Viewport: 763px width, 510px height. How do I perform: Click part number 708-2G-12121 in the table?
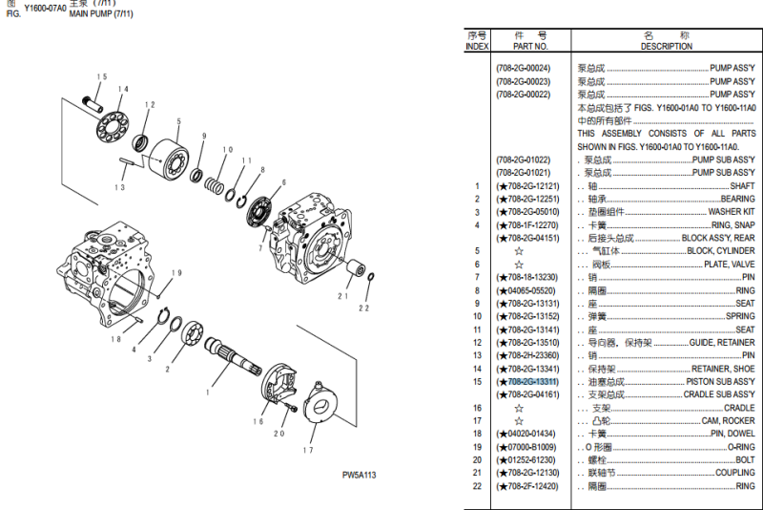point(530,186)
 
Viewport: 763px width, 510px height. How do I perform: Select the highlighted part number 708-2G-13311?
point(531,382)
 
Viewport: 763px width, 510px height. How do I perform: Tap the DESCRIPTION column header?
point(667,46)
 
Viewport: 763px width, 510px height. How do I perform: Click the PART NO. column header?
point(530,46)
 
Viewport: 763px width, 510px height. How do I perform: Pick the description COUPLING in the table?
point(734,473)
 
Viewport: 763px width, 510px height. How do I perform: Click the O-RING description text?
point(740,447)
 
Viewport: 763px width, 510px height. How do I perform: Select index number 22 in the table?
point(477,486)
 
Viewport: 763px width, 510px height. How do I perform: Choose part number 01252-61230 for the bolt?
point(530,460)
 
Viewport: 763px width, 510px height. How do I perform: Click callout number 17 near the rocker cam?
point(308,451)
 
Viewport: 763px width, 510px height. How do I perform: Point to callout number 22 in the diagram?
point(363,308)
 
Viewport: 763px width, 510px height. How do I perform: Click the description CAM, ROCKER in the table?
point(729,421)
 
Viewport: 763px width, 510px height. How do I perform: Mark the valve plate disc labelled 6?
point(262,211)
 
